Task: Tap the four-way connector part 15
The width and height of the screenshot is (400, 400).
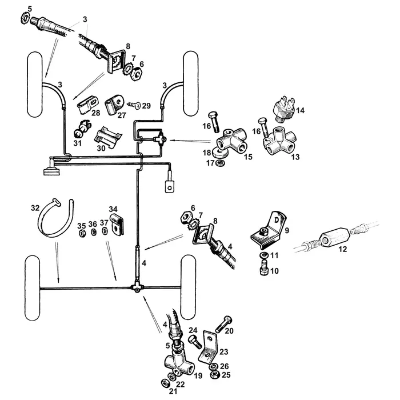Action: (233, 139)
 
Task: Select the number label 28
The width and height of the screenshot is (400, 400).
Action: (95, 113)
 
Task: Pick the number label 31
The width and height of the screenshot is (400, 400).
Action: (77, 143)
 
